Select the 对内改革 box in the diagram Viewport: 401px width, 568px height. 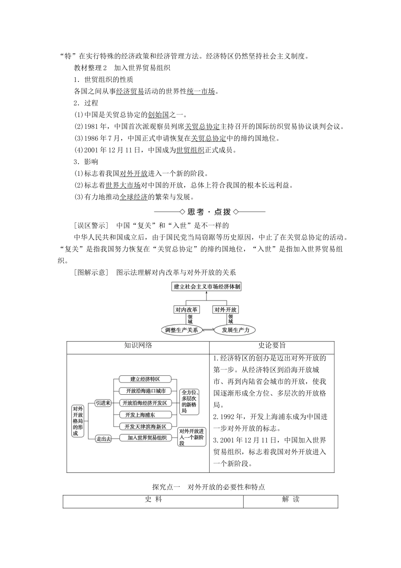click(187, 310)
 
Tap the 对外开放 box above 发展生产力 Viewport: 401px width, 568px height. click(225, 310)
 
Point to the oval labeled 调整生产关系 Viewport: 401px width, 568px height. click(182, 330)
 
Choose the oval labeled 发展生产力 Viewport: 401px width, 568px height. click(235, 330)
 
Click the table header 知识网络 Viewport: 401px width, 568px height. click(138, 345)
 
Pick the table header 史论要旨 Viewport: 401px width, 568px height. click(271, 345)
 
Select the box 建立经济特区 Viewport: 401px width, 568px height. click(145, 379)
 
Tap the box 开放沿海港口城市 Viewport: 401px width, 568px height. click(145, 391)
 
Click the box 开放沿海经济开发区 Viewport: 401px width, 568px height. click(145, 403)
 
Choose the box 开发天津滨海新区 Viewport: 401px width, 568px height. click(145, 426)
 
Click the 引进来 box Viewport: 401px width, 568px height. click(103, 403)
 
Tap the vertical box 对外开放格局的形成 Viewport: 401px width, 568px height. click(78, 421)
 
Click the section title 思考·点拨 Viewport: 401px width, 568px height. click(209, 212)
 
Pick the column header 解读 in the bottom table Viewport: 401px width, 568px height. click(290, 499)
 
